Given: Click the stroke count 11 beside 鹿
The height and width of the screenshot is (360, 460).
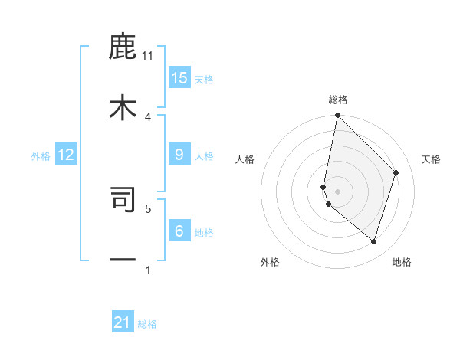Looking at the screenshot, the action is coord(148,55).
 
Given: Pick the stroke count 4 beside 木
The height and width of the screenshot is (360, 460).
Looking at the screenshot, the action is coord(148,116).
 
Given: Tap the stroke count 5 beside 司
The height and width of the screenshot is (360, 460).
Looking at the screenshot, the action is coord(148,208).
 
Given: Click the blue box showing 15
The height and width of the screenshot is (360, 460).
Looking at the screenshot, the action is coord(179,78).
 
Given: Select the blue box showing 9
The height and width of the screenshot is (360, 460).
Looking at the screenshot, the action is coord(179,155).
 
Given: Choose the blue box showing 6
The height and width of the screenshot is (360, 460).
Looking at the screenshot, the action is coord(179,231).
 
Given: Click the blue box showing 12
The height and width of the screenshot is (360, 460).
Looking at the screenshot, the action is coord(66,155).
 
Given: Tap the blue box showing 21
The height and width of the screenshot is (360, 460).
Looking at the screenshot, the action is coord(123,322).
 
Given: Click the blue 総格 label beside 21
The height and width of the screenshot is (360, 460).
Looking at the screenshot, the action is coord(147,324).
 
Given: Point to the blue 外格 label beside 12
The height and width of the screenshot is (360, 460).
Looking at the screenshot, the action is coord(41,156).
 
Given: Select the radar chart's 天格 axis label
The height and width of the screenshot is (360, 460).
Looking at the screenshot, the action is coord(431,159).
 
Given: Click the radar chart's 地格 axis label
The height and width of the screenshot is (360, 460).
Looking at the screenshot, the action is coord(402,262).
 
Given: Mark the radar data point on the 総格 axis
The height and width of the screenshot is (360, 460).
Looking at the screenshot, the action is coord(337,116).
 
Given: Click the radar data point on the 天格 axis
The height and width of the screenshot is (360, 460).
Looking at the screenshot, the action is coord(396,172).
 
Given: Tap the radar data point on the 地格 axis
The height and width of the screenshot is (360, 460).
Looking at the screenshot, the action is coord(373,241).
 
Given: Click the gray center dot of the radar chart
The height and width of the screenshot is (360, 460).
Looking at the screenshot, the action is coord(337,191).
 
